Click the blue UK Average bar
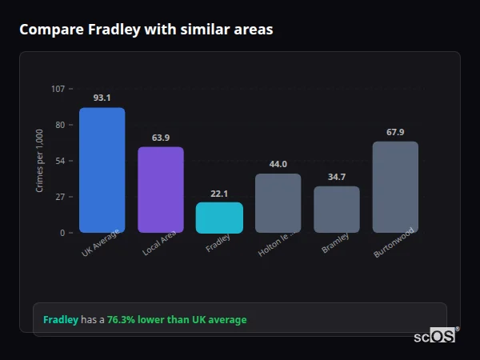(102, 170)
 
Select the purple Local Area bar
(160, 190)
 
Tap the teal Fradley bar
(219, 218)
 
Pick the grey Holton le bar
(278, 203)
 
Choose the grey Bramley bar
(336, 210)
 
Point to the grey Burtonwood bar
(395, 187)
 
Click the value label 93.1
(102, 98)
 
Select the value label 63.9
(160, 138)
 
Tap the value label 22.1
(219, 194)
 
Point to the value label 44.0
(278, 164)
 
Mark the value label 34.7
(336, 177)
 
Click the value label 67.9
(395, 132)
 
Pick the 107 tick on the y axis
(58, 89)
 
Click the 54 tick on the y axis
(60, 161)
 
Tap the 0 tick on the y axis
(62, 233)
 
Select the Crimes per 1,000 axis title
(40, 161)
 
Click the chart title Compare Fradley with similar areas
(146, 30)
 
